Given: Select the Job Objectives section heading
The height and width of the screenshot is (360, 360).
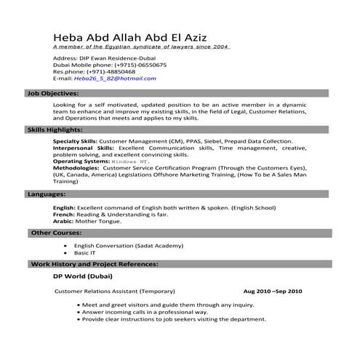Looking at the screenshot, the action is pyautogui.click(x=53, y=94).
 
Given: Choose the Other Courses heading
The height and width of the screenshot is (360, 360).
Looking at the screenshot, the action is pyautogui.click(x=57, y=233).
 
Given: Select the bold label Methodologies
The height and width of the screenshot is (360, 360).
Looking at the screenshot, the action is pyautogui.click(x=77, y=168).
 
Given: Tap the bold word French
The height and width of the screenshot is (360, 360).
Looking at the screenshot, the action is pyautogui.click(x=63, y=215).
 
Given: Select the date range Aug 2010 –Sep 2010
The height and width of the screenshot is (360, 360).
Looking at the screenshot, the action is pyautogui.click(x=273, y=291).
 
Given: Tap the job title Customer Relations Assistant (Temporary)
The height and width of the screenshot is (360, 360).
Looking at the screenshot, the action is pyautogui.click(x=115, y=291).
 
